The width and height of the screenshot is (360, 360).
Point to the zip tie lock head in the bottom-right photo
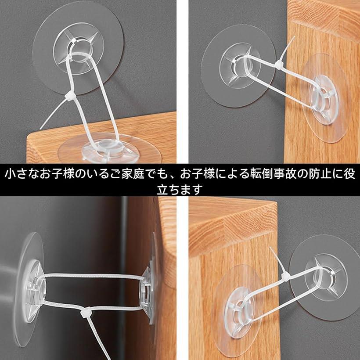pos(285,275)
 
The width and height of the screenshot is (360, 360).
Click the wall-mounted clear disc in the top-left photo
pos(78,47)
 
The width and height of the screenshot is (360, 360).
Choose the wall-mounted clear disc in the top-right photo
pos(238,66)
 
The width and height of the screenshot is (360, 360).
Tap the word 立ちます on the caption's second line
pos(180,190)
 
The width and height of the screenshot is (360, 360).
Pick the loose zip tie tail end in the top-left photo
pos(40,129)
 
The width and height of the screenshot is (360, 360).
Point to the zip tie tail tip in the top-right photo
pos(295,36)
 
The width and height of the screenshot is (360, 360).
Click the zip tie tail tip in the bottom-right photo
pos(270,248)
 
